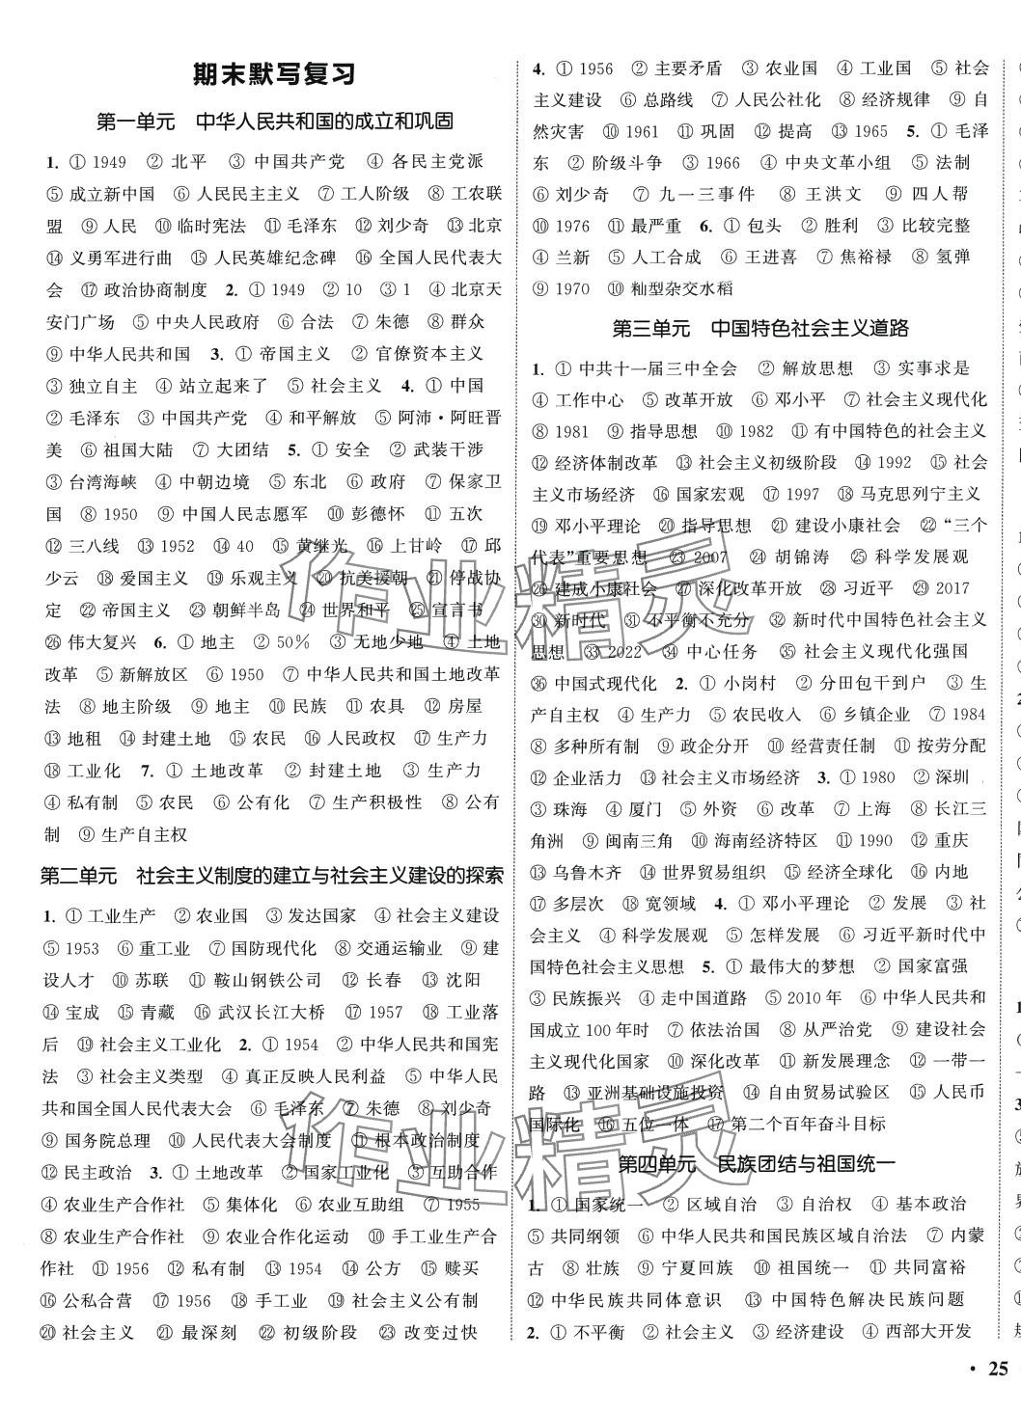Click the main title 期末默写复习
(274, 74)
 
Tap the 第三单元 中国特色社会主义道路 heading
(760, 328)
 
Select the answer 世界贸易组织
(712, 872)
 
